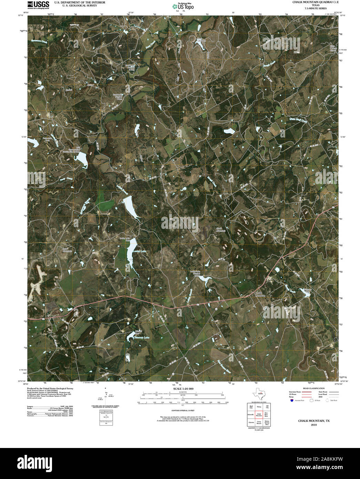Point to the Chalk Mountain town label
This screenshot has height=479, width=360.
(x=260, y=294)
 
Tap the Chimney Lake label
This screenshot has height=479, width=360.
(x=142, y=337)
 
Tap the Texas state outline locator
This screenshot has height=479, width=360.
(x=258, y=394)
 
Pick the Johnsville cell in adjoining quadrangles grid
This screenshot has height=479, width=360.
(x=251, y=414)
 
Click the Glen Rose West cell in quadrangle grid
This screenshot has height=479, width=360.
(x=266, y=414)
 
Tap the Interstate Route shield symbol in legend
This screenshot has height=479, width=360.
(x=292, y=400)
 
